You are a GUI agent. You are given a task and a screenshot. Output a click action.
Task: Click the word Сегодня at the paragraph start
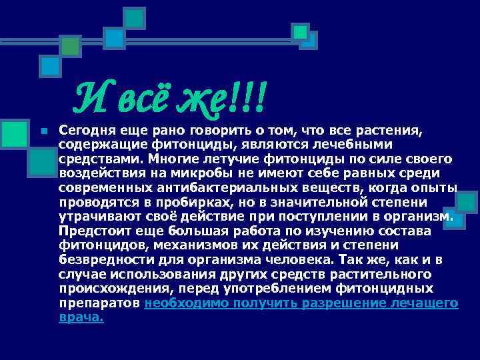tap(84, 129)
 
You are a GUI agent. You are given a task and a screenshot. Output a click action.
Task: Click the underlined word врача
tap(81, 317)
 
